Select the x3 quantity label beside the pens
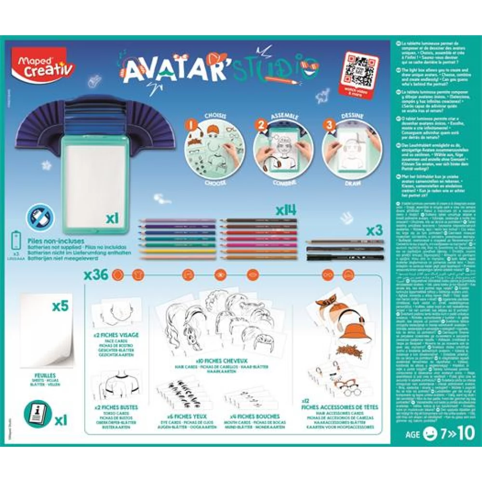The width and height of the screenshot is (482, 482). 374,231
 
